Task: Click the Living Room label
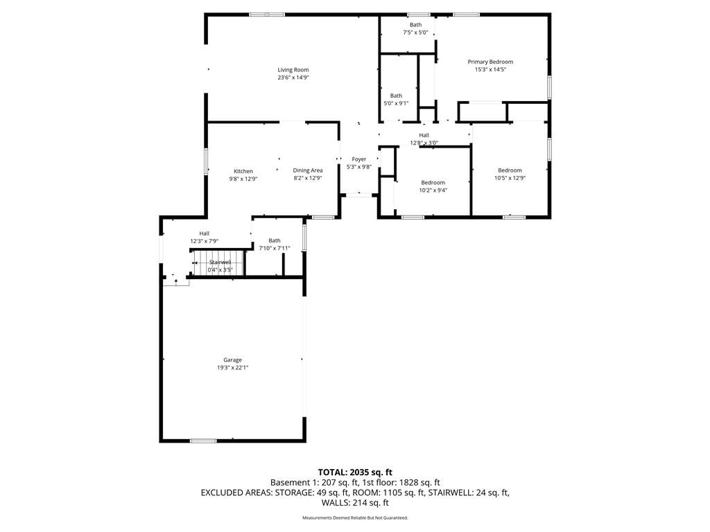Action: point(293,70)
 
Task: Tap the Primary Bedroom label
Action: point(490,62)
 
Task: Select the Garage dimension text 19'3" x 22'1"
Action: point(232,368)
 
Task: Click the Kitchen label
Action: point(243,171)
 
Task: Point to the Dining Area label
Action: point(308,170)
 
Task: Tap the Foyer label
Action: point(359,159)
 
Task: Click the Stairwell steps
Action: point(218,263)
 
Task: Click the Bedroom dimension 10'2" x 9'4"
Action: point(433,190)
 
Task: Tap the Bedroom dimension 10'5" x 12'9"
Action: point(510,178)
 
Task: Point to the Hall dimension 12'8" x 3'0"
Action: point(424,143)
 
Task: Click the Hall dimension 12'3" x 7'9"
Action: point(205,241)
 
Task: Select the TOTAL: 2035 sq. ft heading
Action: point(355,472)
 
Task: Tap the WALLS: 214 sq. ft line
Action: point(355,503)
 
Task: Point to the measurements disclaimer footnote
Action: point(355,517)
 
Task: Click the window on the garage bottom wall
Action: point(203,441)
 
